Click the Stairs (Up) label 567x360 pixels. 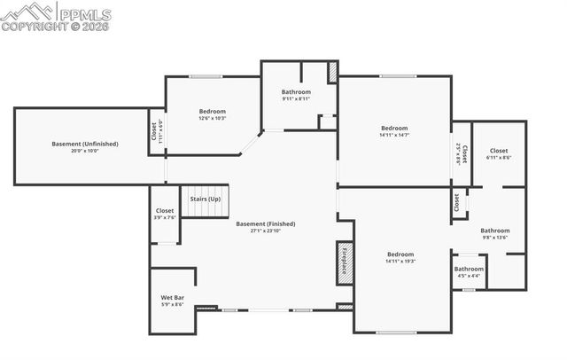(205, 200)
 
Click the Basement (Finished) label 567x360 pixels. (266, 223)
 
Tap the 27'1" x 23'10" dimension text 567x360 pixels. (266, 231)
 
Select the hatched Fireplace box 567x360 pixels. (345, 263)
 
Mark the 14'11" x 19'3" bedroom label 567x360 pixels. (400, 258)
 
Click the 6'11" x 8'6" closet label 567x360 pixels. (499, 154)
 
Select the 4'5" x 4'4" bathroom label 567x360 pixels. (469, 272)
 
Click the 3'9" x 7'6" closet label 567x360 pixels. (165, 214)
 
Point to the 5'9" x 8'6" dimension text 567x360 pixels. (173, 304)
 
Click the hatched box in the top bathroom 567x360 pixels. (332, 73)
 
